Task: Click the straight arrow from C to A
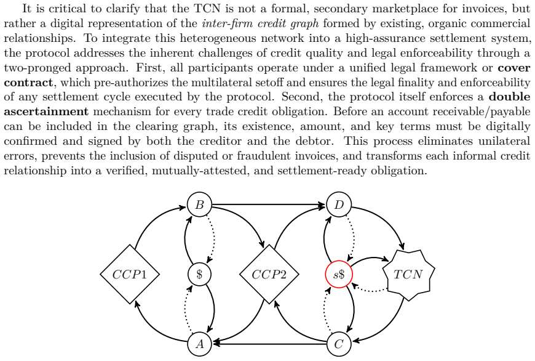(269, 344)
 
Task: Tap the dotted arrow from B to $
(213, 236)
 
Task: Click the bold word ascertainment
(46, 112)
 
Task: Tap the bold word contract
(28, 83)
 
